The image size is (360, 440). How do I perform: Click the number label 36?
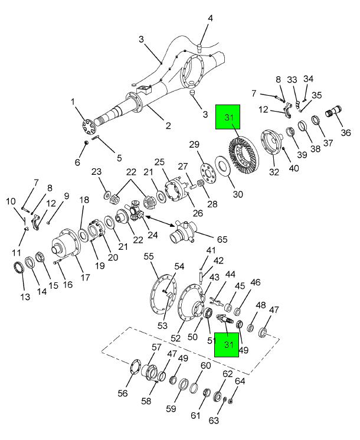[x=346, y=132]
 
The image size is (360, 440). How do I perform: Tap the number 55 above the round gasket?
[x=149, y=257]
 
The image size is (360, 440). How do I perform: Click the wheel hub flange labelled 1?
[x=89, y=127]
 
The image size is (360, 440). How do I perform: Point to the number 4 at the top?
[x=209, y=18]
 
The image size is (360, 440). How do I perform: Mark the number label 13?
[x=25, y=296]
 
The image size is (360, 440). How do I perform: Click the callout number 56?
[x=123, y=394]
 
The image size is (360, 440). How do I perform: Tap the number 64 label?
[x=240, y=382]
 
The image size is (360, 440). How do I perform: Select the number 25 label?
[x=159, y=162]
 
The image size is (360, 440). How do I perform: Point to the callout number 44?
[x=230, y=274]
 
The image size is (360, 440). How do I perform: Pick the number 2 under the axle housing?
[x=168, y=125]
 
